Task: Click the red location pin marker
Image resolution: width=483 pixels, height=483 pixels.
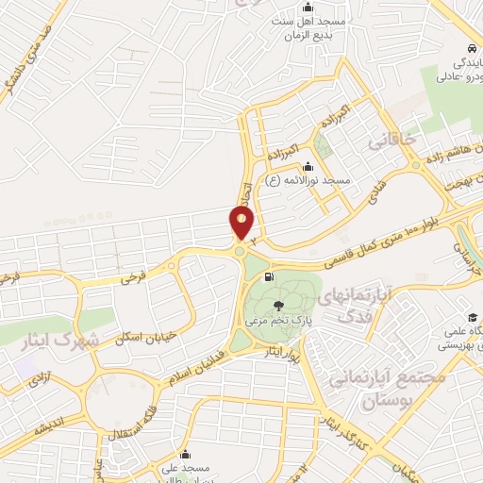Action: coord(242,224)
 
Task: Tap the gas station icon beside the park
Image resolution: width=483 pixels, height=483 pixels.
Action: coord(272,277)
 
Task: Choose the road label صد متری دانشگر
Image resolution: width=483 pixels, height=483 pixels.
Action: coord(29,60)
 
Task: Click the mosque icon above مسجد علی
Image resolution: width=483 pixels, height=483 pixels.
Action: coord(186,454)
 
